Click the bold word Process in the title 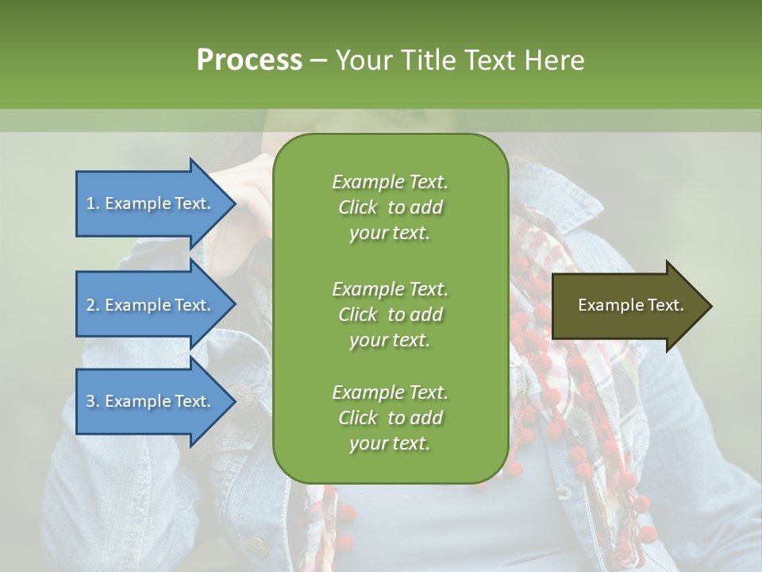[249, 60]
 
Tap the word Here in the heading [554, 60]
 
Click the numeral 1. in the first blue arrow [93, 203]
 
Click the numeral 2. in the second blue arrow [93, 305]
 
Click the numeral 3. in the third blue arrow [93, 401]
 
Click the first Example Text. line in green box [390, 182]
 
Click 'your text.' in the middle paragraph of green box [390, 340]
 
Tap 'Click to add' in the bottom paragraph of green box [390, 418]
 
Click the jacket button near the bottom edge [256, 547]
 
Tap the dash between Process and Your [318, 60]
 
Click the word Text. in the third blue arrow [193, 401]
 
